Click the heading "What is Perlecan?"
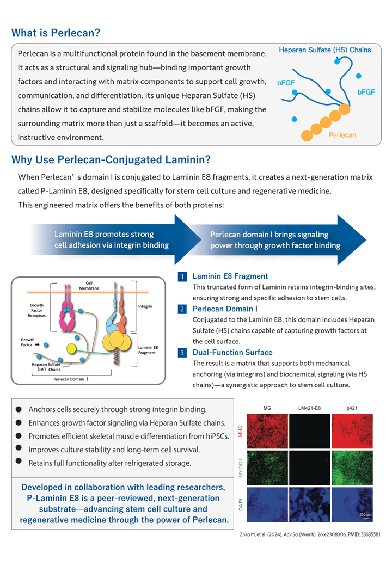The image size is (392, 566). pos(56,33)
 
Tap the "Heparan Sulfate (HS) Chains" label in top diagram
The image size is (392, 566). pos(324,50)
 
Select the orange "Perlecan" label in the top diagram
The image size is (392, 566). pos(342,134)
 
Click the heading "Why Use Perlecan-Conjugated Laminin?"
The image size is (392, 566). pos(111,160)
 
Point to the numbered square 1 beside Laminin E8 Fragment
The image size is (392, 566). pos(183,276)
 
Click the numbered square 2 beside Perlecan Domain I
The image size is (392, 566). pos(183,309)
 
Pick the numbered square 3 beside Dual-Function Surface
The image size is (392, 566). pos(183,353)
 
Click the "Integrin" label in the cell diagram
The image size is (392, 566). pos(145,306)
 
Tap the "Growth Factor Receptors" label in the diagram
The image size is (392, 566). pos(37,310)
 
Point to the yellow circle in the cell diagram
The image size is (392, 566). pos(71,348)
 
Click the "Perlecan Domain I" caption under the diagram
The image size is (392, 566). pos(71,377)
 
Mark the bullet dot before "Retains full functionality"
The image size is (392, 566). pos(19,462)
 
